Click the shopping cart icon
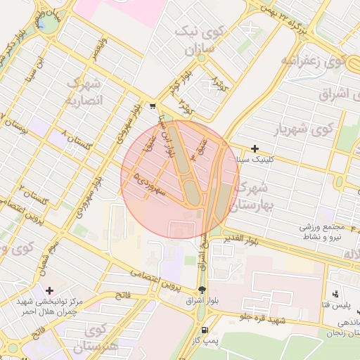(153, 106)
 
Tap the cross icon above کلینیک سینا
(255, 148)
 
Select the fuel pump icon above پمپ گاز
(205, 330)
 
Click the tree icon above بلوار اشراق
(202, 289)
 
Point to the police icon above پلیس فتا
(335, 294)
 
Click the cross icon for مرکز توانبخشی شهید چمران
(49, 290)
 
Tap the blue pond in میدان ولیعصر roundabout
(42, 25)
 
